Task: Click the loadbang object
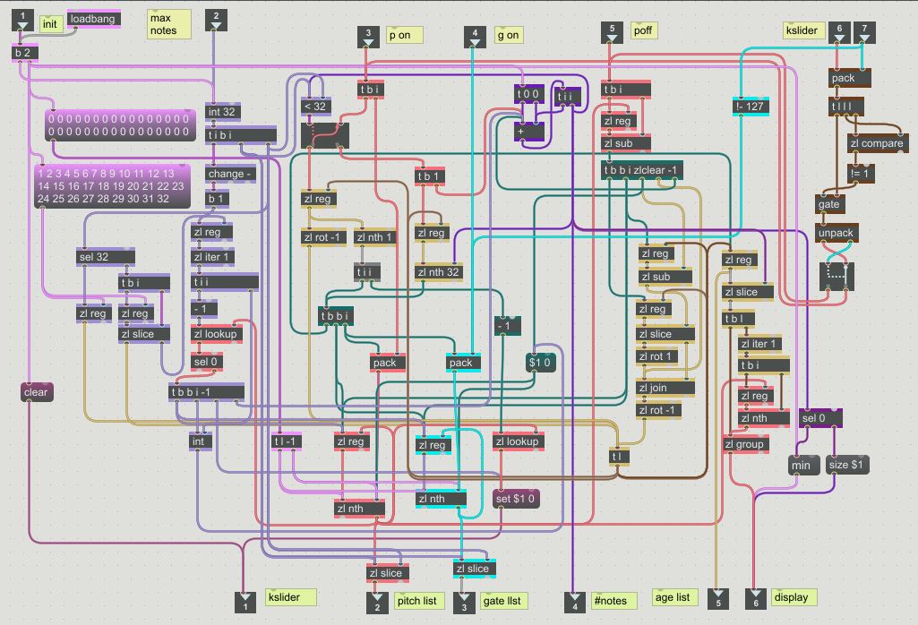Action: pos(93,19)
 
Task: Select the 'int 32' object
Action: pos(222,112)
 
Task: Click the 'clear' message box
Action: pos(36,392)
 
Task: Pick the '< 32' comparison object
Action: pos(315,106)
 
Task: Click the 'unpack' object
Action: pos(836,234)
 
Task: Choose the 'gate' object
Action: pos(829,204)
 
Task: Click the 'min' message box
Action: pos(801,466)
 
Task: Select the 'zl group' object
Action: pos(744,444)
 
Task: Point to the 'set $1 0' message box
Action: pos(517,498)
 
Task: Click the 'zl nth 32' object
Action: pos(439,272)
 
